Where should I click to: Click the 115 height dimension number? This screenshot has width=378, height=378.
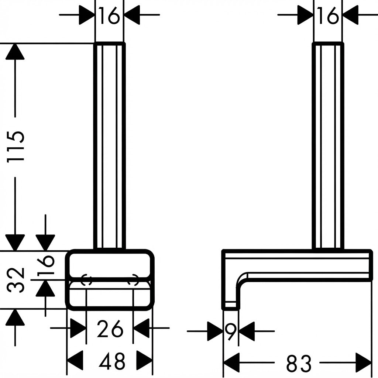pos(16,147)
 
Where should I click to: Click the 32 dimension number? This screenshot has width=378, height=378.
pos(16,280)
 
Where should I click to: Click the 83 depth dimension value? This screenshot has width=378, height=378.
pos(299,362)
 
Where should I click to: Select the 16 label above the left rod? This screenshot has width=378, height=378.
pos(109,16)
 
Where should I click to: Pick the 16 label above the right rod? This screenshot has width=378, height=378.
pos(329,16)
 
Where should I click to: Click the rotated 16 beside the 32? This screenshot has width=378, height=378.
pos(45,265)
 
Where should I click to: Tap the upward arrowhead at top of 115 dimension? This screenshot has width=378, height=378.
pos(15,51)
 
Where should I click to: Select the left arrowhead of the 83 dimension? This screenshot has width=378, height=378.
pos(232,362)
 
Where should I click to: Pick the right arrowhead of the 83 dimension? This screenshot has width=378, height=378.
pos(363,362)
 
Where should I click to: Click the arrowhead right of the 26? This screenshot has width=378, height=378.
pos(141,328)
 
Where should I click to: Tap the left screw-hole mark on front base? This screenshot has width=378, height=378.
pos(86,280)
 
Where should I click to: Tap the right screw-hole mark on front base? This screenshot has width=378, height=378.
pos(133,280)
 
